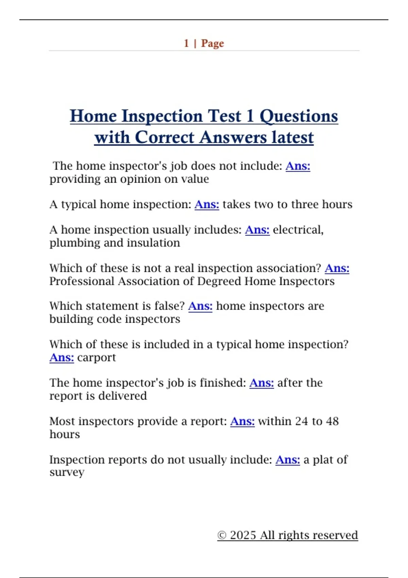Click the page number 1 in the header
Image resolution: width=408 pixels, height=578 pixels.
186,44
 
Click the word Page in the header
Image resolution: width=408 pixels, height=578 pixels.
213,44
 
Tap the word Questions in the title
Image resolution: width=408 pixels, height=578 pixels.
299,117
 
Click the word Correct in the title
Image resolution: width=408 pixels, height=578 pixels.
165,137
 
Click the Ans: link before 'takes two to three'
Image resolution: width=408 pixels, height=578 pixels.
207,204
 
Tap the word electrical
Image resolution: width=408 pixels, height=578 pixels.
298,230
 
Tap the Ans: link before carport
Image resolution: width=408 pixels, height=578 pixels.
62,358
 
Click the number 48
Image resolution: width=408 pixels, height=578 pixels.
332,421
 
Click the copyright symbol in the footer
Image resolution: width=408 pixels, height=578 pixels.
222,535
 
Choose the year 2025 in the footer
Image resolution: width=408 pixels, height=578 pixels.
243,535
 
